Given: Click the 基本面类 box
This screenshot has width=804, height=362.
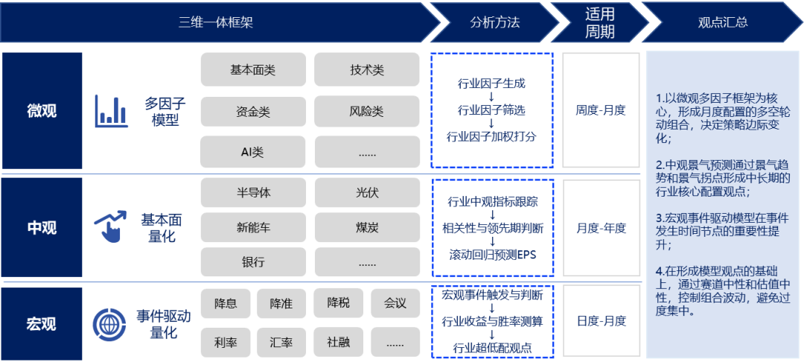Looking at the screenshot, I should [253, 69].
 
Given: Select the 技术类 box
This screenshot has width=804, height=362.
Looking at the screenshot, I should [367, 69].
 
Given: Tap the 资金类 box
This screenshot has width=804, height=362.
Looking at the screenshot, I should [253, 112].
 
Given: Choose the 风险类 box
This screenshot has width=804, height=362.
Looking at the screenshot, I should [367, 112].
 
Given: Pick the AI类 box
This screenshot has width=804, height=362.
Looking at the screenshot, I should [253, 153].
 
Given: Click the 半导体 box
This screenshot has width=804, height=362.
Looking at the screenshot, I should [253, 192].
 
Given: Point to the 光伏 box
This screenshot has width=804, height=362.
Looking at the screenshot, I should [367, 192].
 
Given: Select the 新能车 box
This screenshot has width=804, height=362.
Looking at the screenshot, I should [253, 227].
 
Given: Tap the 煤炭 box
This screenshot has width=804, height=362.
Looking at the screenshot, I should [367, 227].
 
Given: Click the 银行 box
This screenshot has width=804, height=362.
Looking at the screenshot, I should [253, 262].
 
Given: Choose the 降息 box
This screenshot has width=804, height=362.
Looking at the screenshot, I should [226, 303].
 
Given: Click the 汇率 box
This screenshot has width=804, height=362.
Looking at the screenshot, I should [281, 343].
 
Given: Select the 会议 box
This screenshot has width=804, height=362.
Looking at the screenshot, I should [395, 303].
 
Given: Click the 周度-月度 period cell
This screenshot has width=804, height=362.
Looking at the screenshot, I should [601, 110].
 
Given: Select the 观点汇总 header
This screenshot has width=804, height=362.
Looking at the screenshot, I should [723, 22].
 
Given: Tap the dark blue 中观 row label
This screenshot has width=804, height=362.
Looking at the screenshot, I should [42, 228].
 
